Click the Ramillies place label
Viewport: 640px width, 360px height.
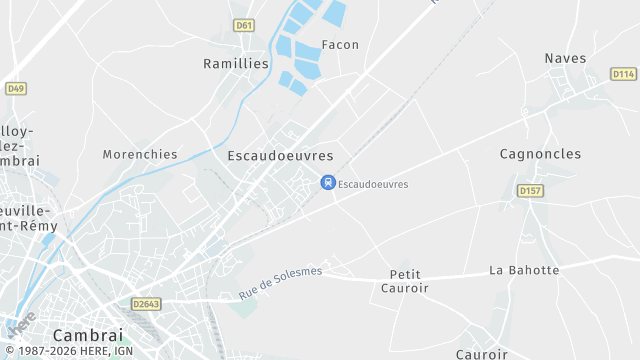(x=236, y=63)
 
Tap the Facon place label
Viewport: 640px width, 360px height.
(x=340, y=45)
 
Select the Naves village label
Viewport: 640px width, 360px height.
(x=565, y=58)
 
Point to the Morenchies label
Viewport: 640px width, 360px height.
(x=140, y=155)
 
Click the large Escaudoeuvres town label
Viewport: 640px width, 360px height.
(x=280, y=156)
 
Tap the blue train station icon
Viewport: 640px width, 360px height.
(x=326, y=182)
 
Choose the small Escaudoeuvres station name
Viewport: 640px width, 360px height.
(x=373, y=184)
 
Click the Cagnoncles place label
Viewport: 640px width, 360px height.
(x=539, y=153)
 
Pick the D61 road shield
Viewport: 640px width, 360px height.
(x=243, y=25)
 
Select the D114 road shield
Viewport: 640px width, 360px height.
(x=623, y=74)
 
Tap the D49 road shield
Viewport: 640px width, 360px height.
(x=14, y=88)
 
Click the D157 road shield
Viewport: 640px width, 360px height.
(x=529, y=190)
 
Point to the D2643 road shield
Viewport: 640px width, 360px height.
(x=146, y=303)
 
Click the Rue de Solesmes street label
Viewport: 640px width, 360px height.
(x=281, y=285)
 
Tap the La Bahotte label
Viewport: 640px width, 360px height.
(x=523, y=270)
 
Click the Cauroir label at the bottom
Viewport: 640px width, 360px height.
(x=482, y=354)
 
